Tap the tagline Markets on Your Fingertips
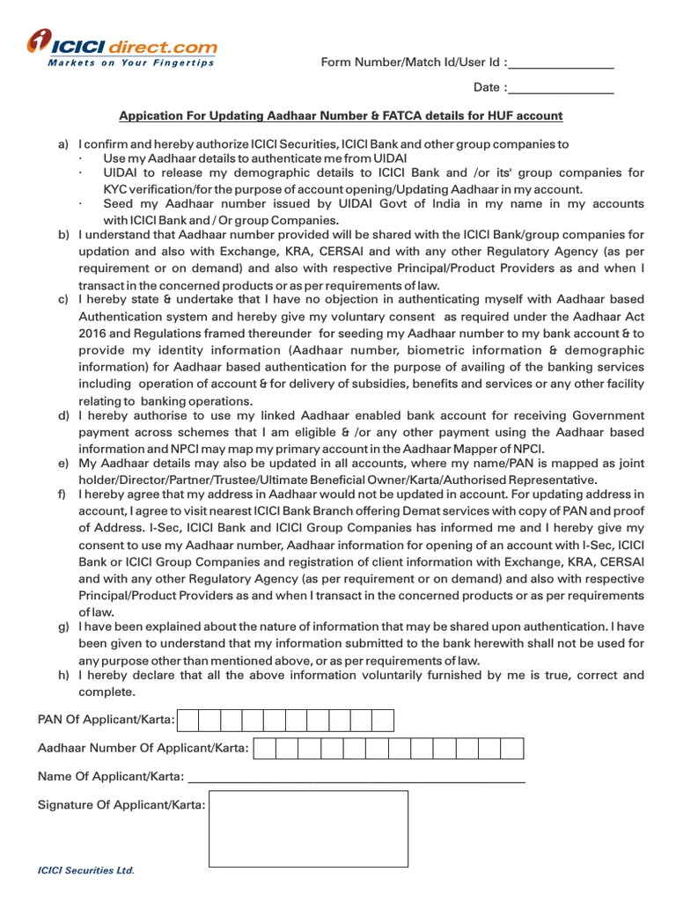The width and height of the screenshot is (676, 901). tap(131, 63)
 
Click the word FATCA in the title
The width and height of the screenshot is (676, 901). tap(396, 116)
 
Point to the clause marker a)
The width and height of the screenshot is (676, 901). tap(63, 144)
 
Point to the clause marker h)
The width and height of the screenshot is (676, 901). tap(63, 676)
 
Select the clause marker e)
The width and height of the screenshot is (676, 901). tap(63, 464)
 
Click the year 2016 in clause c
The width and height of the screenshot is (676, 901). tap(94, 334)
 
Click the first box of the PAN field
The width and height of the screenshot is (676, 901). tap(188, 722)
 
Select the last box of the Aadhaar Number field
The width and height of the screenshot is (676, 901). tap(512, 749)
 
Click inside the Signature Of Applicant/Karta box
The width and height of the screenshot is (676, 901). tap(308, 829)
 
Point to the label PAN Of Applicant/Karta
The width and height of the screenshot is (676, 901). tap(106, 722)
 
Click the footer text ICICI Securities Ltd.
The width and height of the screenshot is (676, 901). tap(85, 870)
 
